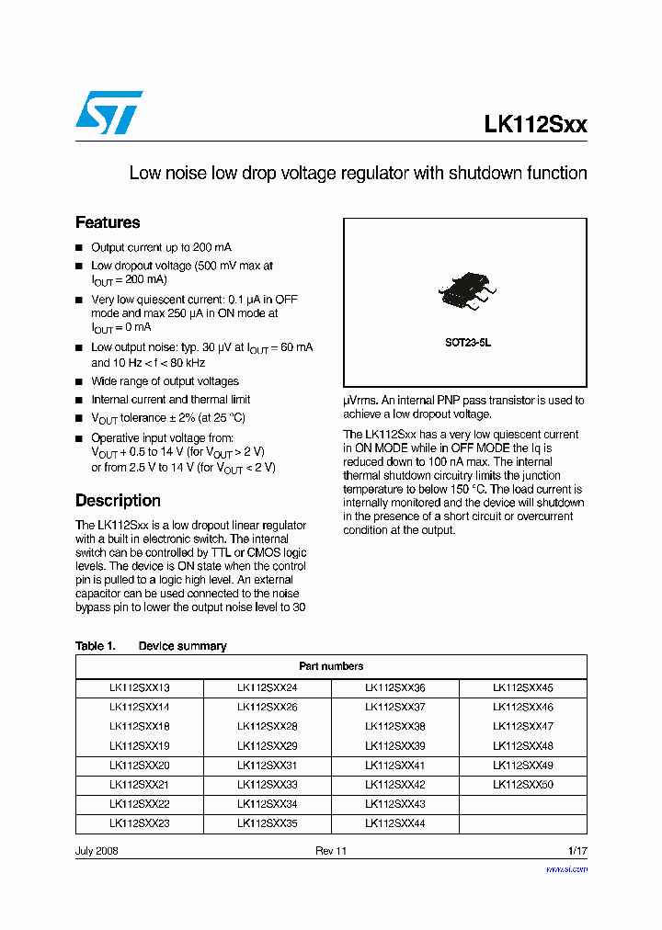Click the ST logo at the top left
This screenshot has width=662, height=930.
point(108,112)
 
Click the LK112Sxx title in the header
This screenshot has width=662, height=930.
point(535,125)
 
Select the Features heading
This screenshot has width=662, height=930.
point(108,222)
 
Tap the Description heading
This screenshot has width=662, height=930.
point(118,501)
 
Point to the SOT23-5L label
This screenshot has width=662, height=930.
point(468,342)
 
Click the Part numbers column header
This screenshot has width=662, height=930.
point(331,666)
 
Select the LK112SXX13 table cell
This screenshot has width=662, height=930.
point(139,687)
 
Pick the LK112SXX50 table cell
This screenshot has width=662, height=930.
point(522,785)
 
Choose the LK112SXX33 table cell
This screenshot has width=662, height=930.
point(267,785)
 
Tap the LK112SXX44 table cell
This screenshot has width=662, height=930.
point(394,824)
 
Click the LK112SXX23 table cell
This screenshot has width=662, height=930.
point(139,824)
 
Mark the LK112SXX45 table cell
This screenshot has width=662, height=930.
point(522,687)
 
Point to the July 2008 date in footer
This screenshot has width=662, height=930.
point(97,851)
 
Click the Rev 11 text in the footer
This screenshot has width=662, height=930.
point(331,851)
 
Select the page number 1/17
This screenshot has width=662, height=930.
point(577,851)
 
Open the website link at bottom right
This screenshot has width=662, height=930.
point(566,868)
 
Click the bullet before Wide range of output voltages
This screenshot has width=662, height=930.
point(79,381)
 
